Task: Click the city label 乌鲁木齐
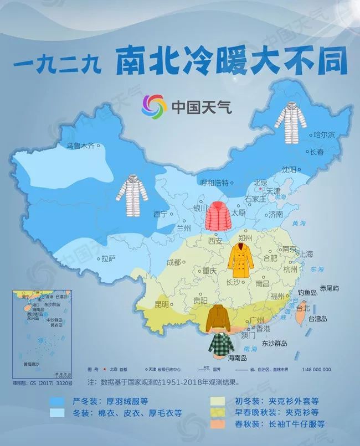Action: point(81,146)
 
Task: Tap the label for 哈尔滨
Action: point(324,134)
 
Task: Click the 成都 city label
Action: point(173,262)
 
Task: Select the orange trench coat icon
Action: point(241,261)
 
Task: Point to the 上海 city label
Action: point(306,254)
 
